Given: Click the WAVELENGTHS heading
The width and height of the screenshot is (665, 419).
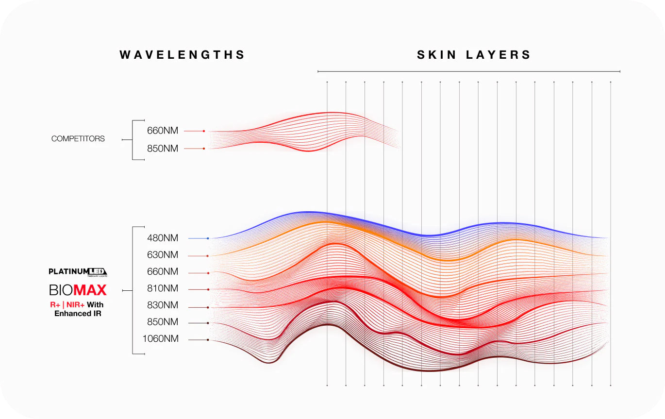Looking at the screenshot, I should point(183,55).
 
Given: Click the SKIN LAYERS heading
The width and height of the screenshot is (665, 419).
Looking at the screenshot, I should point(474,55).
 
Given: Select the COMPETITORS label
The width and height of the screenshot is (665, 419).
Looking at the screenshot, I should point(78,139).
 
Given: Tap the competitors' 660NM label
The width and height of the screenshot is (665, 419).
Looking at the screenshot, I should point(163,131).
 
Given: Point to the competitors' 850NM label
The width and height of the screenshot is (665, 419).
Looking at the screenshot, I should point(163,149).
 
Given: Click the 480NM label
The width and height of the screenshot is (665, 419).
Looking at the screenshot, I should point(163,238).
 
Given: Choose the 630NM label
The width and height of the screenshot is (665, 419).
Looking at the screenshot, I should point(163,255).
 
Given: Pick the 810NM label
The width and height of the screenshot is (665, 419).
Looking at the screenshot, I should point(163,289).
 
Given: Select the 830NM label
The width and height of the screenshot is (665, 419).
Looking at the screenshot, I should point(163,305).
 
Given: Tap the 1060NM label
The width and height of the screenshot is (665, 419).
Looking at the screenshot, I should point(161,339).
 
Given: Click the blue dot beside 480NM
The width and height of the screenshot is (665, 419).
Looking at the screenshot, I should point(208,238).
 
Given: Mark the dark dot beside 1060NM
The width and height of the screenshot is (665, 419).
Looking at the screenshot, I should point(208,340).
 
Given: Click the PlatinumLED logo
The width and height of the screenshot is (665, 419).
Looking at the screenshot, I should point(78,272).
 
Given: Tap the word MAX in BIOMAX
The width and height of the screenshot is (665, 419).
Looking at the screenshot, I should point(90,290).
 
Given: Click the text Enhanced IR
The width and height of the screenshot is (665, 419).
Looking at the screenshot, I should point(78,314).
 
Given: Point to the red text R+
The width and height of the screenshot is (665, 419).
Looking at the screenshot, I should point(55,305).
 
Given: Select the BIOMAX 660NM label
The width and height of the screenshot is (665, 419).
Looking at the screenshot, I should point(163,272).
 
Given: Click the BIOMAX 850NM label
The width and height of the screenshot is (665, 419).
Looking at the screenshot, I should point(163,322).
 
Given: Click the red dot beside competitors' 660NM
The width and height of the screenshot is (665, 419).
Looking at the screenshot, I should point(204,131).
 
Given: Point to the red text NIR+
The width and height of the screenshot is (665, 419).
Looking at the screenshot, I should point(75,305).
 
